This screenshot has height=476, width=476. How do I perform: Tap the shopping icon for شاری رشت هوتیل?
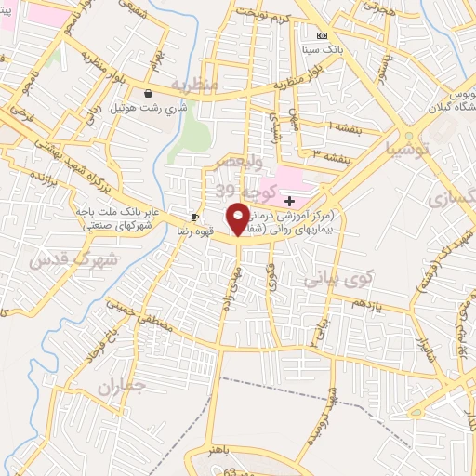[x=149, y=93]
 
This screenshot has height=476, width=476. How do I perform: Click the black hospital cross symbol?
[x=289, y=200]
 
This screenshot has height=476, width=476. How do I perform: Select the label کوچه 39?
[x=238, y=190]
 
